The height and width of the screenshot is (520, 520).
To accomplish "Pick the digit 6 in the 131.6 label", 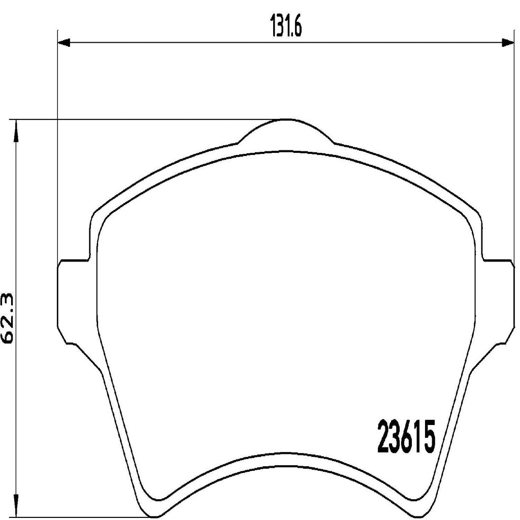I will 297,29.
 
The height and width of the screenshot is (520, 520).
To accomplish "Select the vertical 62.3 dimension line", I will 17,229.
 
